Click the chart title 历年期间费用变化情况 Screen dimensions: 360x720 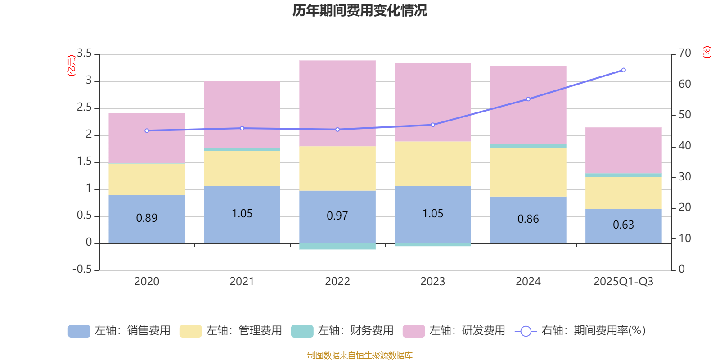tap(360, 10)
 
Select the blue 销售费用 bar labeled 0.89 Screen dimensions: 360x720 tap(147, 219)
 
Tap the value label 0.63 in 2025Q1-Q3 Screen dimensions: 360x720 tap(623, 225)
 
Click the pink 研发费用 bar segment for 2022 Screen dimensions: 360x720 tap(337, 103)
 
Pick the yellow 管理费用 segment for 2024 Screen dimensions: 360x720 tap(528, 172)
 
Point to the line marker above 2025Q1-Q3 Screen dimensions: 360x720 tap(623, 70)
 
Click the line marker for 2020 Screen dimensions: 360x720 tap(147, 130)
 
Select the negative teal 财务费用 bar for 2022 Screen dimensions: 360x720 tap(337, 246)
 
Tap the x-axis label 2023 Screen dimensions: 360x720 tap(432, 282)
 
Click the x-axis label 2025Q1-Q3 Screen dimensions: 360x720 tap(623, 282)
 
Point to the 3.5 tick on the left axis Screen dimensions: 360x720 tap(84, 54)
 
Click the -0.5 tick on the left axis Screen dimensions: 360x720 tap(82, 269)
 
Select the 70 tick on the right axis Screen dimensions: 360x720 tap(684, 53)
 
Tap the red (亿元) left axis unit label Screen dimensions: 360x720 tap(71, 66)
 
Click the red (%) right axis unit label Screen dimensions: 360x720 tap(706, 52)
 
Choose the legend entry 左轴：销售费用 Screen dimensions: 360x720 tap(120, 331)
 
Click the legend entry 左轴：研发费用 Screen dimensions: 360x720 tap(454, 331)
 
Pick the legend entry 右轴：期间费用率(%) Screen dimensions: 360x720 tap(580, 331)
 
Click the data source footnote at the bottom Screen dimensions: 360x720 tap(360, 355)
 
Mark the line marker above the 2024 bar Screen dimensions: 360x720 tap(528, 99)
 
